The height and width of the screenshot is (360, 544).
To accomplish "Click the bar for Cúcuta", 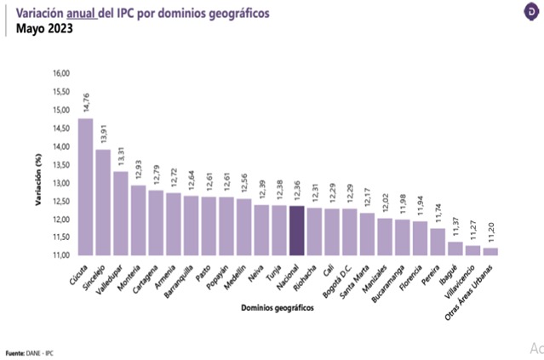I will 85,187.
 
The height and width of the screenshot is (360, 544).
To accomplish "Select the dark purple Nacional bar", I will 297,231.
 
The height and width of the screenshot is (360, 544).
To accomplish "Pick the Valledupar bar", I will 121,214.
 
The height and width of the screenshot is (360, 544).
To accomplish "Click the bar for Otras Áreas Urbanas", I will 491,251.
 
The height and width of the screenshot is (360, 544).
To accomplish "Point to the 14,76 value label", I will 86,103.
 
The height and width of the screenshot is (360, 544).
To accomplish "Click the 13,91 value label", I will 104,134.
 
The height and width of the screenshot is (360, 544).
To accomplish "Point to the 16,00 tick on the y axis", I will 60,73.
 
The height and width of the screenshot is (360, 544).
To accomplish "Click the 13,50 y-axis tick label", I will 60,164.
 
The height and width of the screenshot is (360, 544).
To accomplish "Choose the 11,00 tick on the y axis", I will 60,255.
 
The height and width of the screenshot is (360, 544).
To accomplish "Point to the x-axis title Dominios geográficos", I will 278,307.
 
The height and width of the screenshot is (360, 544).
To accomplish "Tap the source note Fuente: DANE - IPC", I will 31,352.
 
